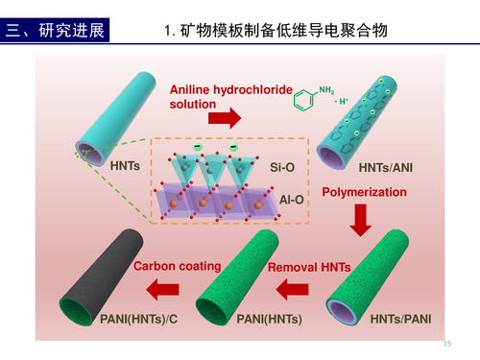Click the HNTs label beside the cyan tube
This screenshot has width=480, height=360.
tap(125, 166)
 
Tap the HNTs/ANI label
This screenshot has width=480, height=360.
tap(386, 167)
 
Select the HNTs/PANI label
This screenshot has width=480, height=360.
tap(400, 319)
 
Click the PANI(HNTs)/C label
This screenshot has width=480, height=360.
tap(139, 319)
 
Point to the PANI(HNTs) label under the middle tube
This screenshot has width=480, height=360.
tap(269, 319)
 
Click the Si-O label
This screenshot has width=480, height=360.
tap(282, 167)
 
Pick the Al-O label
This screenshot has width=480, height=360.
tap(292, 200)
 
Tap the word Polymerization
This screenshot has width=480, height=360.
tap(364, 192)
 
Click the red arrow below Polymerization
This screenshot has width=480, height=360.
tap(361, 220)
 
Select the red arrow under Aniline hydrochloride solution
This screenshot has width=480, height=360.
tap(225, 118)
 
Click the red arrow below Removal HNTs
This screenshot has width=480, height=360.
tap(292, 289)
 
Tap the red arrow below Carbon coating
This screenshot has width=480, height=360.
tap(162, 289)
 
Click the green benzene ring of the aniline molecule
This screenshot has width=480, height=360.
tap(303, 100)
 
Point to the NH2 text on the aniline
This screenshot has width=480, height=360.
tap(326, 90)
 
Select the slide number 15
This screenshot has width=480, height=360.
tap(447, 344)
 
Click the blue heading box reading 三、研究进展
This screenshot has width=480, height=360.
tap(55, 30)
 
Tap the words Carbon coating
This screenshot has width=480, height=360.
tap(178, 266)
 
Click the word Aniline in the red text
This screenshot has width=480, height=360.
tap(190, 89)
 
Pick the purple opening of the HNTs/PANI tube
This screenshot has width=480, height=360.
tap(342, 312)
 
